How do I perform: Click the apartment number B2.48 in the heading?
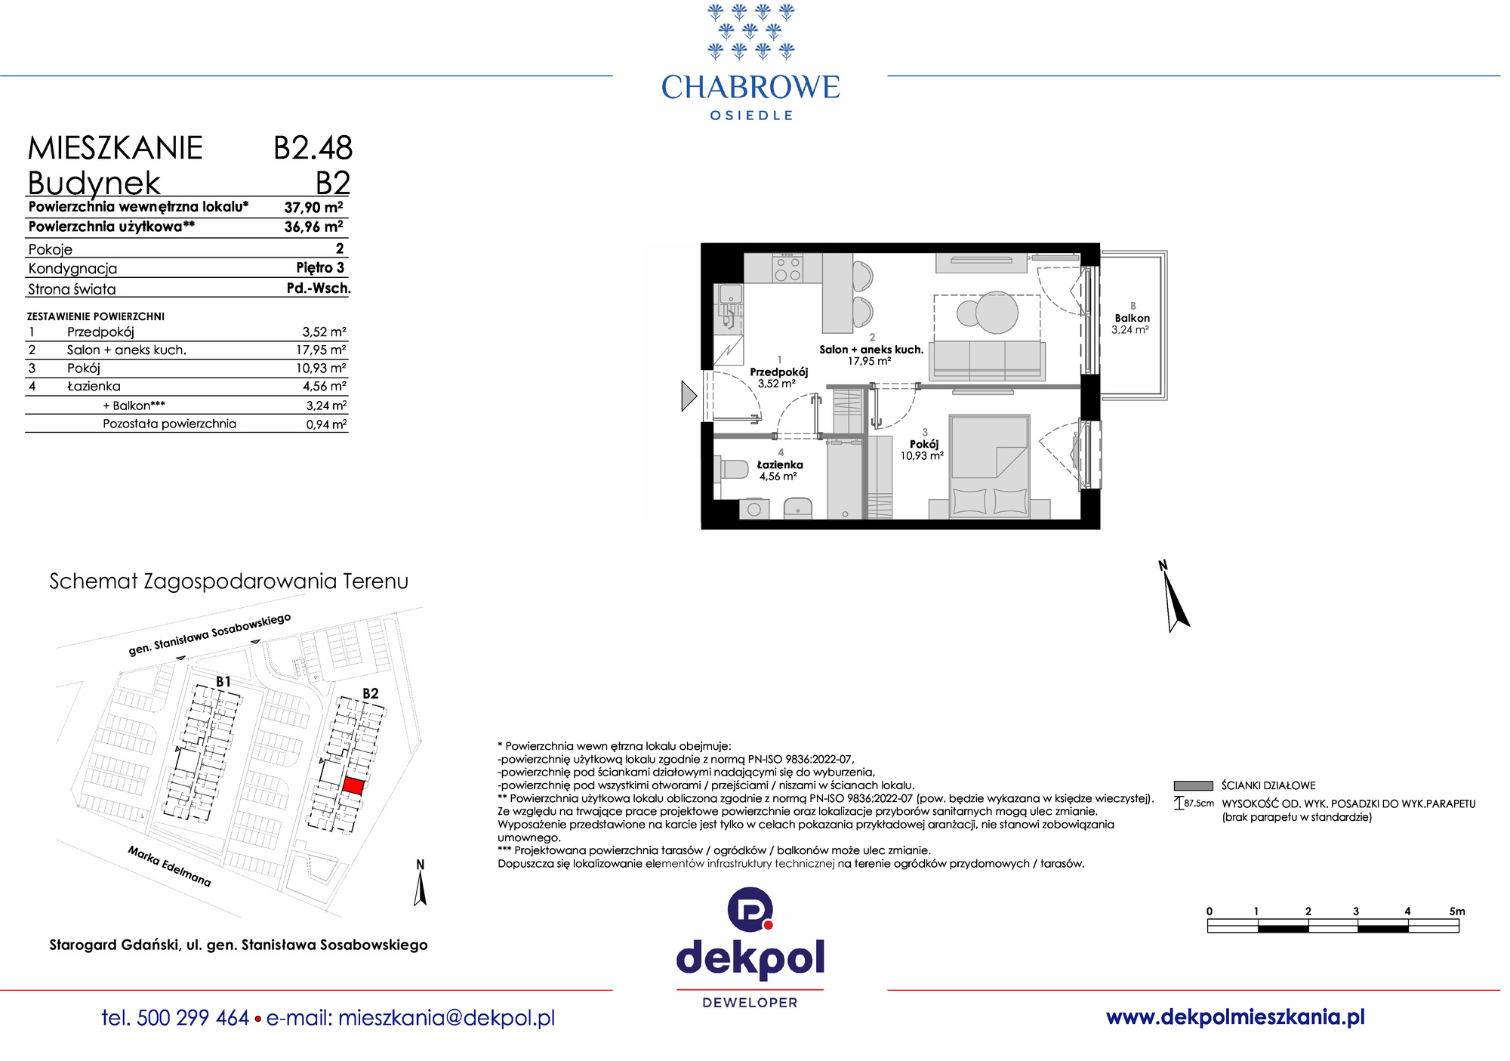[313, 148]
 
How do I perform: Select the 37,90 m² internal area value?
[313, 207]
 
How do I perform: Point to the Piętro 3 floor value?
[320, 267]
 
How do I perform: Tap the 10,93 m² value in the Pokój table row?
[321, 368]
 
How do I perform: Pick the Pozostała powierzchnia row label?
[169, 424]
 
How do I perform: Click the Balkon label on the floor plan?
[1132, 318]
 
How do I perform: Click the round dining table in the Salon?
[997, 312]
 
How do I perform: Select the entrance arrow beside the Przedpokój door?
[689, 396]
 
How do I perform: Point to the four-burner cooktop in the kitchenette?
[787, 268]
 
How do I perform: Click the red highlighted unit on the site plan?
[353, 785]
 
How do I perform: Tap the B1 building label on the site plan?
[223, 682]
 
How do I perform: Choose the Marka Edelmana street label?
[169, 866]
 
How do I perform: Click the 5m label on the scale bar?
[1457, 911]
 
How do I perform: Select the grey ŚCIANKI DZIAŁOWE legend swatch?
[1193, 785]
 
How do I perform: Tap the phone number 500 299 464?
[193, 1018]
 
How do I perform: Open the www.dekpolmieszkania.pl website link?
[1235, 1017]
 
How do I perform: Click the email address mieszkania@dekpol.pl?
[446, 1018]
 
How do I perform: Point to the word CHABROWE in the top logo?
[750, 88]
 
